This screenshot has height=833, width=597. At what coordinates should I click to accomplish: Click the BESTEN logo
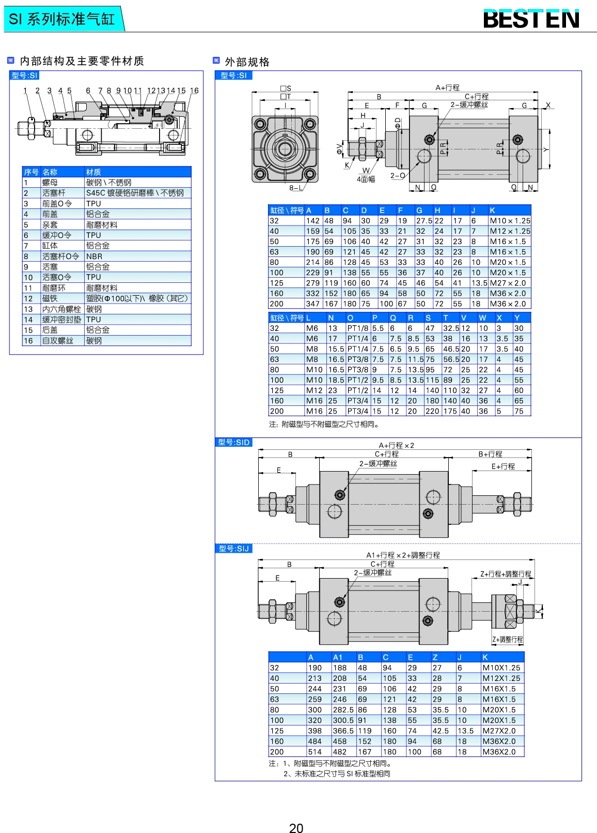coord(531,19)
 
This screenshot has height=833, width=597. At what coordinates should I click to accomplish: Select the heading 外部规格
coord(247,62)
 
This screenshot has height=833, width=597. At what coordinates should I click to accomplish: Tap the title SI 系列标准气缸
coord(62,19)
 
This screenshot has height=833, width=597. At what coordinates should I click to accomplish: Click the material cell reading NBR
coord(94,256)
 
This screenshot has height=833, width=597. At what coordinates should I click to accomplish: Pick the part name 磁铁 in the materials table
coord(50,298)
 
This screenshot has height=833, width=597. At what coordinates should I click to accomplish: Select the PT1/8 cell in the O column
coord(358,328)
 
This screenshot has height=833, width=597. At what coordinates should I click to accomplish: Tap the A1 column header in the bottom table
coord(338,657)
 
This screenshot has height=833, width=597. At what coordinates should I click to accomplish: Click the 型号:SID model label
coord(234,443)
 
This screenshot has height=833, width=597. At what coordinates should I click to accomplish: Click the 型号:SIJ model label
coord(234,549)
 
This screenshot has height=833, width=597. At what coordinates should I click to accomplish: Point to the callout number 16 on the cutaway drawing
coord(194,90)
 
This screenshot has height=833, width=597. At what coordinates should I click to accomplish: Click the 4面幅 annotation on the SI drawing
coord(366,179)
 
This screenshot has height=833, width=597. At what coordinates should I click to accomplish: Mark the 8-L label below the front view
coord(296,188)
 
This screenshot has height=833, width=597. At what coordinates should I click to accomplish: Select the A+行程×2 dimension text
coord(396,445)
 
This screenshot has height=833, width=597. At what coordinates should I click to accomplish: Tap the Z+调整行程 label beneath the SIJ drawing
coord(508,640)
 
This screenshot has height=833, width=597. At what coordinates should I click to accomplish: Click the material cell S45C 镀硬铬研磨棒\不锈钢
coord(135,193)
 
